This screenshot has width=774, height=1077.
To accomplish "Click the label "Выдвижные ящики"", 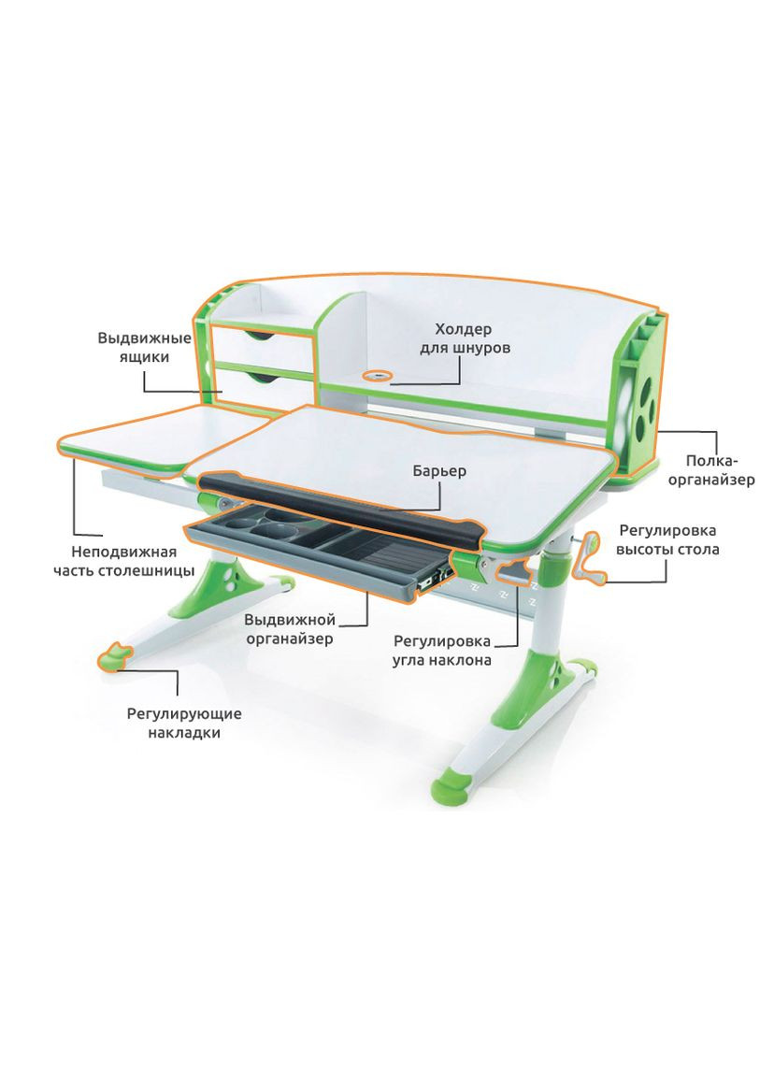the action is pyautogui.click(x=144, y=348).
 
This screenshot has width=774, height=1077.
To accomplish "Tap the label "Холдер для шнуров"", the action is pyautogui.click(x=465, y=338).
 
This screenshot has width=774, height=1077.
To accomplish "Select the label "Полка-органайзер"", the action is pyautogui.click(x=710, y=470).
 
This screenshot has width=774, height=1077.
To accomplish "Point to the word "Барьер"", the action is pyautogui.click(x=439, y=470).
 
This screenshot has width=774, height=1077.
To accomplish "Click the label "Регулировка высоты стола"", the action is pyautogui.click(x=667, y=539).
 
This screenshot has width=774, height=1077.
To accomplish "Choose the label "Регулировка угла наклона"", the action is pyautogui.click(x=442, y=651).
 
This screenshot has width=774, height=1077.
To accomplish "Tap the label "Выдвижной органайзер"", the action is pyautogui.click(x=290, y=629).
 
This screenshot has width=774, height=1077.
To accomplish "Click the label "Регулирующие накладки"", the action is pyautogui.click(x=184, y=723).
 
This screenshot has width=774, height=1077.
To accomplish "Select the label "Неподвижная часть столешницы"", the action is pyautogui.click(x=124, y=561).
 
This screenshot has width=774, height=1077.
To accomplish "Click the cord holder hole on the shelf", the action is pyautogui.click(x=377, y=376).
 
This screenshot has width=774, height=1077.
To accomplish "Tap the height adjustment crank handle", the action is pyautogui.click(x=589, y=559).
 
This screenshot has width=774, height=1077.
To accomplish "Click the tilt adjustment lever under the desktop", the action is pyautogui.click(x=512, y=572).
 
